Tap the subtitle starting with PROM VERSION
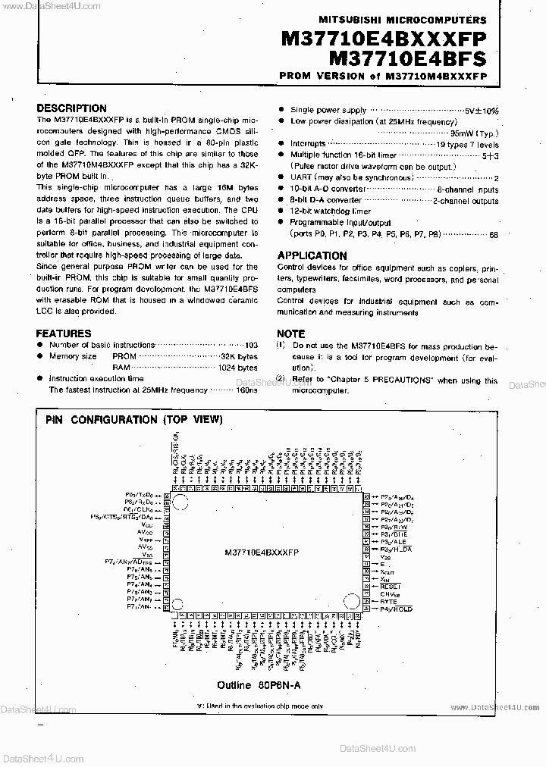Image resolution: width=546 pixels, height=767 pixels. (x=384, y=76)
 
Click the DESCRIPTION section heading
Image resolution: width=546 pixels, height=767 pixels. (x=71, y=108)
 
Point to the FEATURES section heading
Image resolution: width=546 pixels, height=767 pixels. (x=64, y=333)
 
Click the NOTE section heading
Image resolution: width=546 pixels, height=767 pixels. (x=290, y=333)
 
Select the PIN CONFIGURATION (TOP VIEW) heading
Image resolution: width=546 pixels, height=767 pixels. (x=133, y=419)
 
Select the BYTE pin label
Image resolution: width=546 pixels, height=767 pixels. (x=388, y=600)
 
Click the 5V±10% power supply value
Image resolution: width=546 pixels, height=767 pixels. (x=480, y=111)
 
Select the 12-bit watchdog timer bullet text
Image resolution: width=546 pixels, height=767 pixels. (x=330, y=211)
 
